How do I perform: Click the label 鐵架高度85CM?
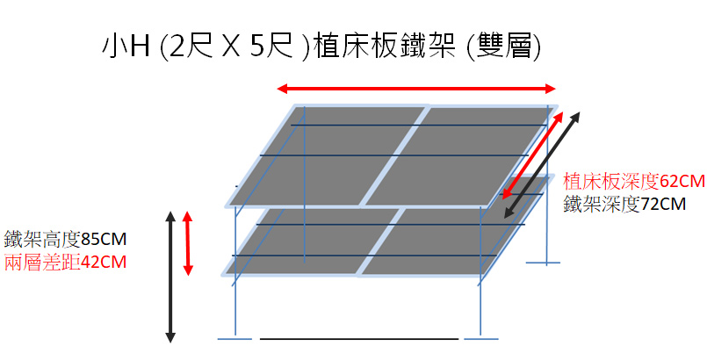point(65,239)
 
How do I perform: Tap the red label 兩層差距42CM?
point(65,263)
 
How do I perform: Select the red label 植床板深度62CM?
point(634,181)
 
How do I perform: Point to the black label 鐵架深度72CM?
point(624,204)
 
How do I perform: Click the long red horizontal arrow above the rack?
point(416,89)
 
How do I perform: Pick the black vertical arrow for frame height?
point(170,277)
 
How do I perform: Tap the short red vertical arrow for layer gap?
point(188,243)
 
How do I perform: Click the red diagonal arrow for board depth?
point(533,155)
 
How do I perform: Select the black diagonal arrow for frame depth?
point(542,165)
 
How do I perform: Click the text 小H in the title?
point(126,47)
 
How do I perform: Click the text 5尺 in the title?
point(272,47)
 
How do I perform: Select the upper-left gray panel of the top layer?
point(326,155)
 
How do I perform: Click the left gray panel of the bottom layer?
point(312,241)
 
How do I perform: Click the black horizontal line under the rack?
point(359,339)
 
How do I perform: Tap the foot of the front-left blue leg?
point(234,338)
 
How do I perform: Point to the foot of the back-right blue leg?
point(547,263)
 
